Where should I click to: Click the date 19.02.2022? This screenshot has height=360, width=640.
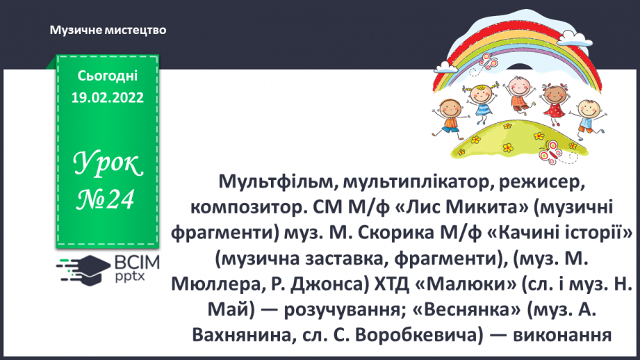pos(107,98)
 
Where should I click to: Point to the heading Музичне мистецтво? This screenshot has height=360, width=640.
pos(108,31)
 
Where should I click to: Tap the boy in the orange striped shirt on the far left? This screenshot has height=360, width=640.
pos(445,115)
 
